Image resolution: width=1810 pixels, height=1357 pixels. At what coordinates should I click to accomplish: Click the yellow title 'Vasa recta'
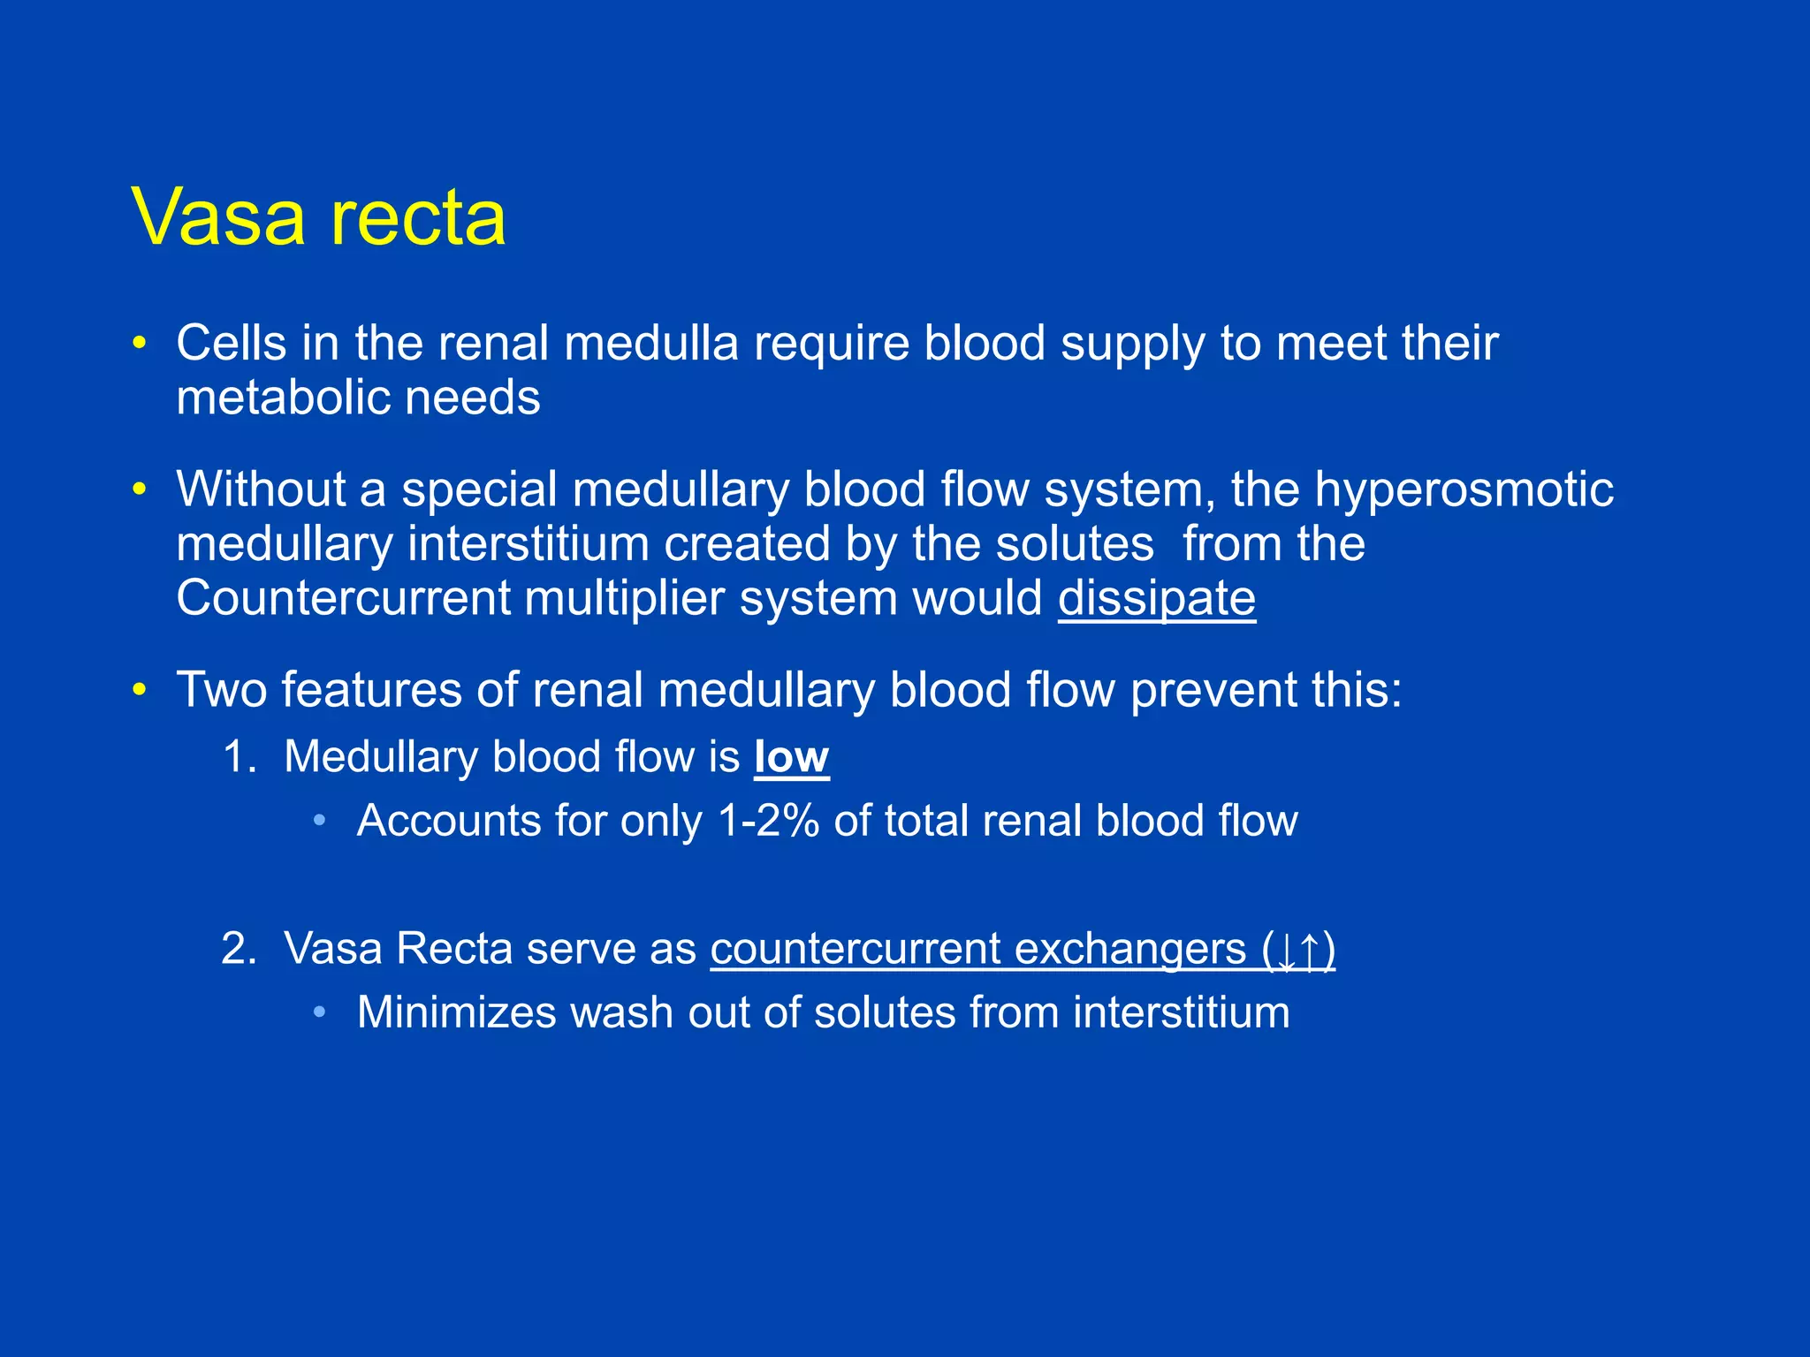coord(319,216)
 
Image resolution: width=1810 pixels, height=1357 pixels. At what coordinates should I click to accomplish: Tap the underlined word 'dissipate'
coord(1157,598)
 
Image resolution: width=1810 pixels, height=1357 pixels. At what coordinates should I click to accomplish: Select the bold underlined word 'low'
coord(792,757)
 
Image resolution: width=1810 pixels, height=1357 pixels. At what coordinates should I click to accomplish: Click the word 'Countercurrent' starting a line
coord(343,598)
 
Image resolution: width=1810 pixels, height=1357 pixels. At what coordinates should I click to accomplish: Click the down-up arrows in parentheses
coord(1299,951)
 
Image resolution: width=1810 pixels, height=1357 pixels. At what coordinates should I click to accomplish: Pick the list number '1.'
coord(239,757)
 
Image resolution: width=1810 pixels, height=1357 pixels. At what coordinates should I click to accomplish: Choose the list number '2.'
coord(239,949)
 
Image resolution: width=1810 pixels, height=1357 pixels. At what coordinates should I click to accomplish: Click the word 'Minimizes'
coord(456,1012)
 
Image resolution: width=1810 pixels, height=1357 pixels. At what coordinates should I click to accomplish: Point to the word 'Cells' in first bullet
coord(231,343)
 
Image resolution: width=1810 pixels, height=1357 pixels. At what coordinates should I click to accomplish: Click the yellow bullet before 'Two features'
coord(139,689)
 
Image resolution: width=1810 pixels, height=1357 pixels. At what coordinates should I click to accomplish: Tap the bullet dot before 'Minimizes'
coord(319,1012)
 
